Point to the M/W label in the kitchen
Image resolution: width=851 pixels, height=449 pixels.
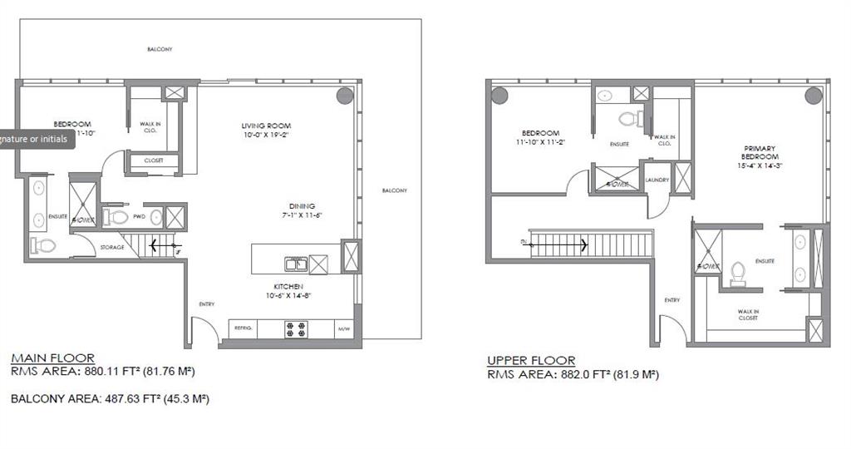343,328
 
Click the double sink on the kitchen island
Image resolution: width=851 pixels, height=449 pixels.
295,264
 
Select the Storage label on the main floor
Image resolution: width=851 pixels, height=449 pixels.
112,247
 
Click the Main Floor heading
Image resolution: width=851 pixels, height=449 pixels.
52,358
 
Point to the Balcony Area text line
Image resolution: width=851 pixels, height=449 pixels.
110,399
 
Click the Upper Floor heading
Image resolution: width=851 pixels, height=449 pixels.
531,361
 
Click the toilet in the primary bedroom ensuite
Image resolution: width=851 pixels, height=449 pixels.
737,274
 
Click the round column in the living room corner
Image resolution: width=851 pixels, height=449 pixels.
345,95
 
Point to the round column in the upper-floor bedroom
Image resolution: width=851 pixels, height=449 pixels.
499,95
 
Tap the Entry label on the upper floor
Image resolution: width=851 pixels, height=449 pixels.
671,300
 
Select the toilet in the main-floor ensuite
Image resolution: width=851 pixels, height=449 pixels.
43,245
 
